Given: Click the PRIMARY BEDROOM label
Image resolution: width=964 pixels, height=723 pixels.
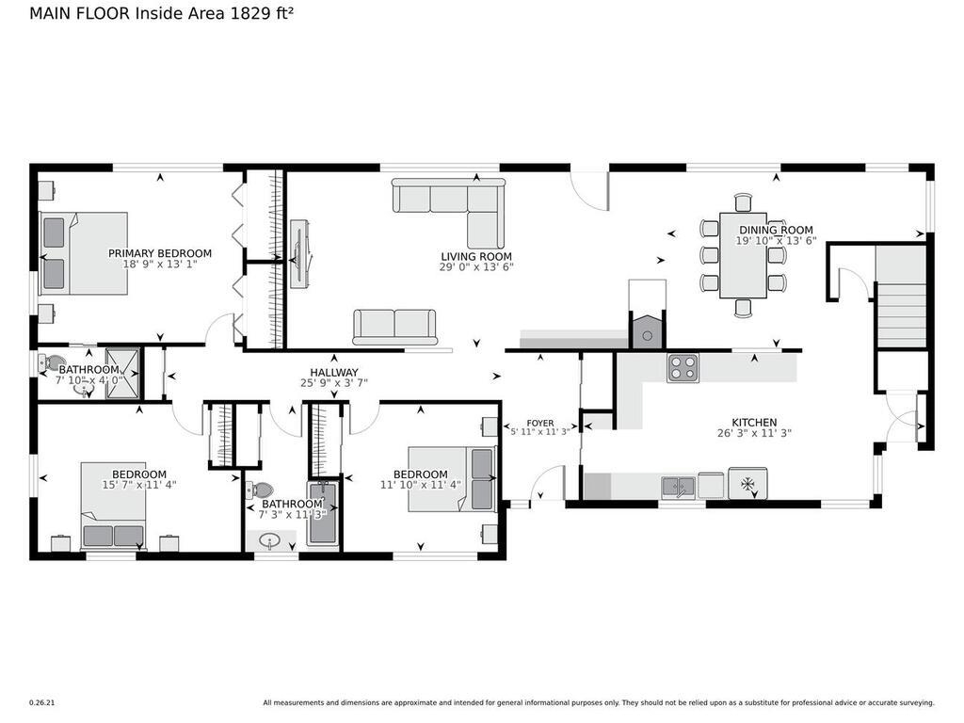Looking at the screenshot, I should click(x=159, y=253).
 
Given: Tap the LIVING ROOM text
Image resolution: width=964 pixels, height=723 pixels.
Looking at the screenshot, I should click(x=476, y=256).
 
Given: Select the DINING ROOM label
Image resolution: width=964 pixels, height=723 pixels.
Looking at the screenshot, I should click(x=775, y=230).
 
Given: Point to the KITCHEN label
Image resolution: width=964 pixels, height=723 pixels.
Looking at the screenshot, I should click(x=754, y=423).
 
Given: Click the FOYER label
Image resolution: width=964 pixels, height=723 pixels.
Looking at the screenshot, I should click(x=539, y=423).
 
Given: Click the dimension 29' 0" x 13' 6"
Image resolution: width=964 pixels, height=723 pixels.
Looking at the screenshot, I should click(x=476, y=266).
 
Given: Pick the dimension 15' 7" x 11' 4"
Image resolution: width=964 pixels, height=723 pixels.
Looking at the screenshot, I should click(x=139, y=485).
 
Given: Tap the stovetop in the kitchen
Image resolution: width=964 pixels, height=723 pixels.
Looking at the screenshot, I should click(x=683, y=367).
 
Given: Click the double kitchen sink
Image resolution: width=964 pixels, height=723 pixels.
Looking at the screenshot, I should click(x=678, y=486).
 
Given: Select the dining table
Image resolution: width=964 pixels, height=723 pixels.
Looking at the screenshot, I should click(x=743, y=254).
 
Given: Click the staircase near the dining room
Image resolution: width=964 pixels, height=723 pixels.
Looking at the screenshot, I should click(x=901, y=297).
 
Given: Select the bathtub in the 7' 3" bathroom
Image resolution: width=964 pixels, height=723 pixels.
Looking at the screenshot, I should click(x=321, y=514).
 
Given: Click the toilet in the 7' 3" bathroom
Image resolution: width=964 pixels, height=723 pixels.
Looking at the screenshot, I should click(x=259, y=490).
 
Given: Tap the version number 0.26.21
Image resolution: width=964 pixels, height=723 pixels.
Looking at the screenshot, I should click(x=41, y=702).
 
